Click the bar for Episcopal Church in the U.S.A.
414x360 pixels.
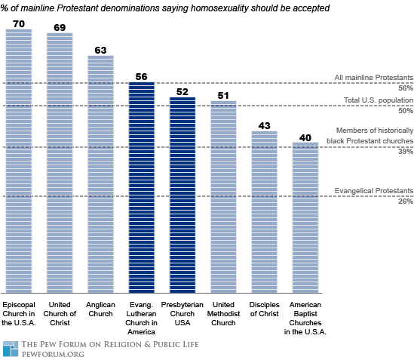[19, 161]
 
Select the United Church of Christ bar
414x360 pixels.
[60, 163]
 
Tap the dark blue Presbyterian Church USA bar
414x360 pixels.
[182, 195]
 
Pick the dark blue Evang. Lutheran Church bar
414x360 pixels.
[142, 187]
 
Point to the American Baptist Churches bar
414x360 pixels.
[305, 217]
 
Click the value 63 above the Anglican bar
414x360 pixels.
[100, 51]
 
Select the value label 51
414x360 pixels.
[223, 95]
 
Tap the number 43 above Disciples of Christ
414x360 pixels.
[264, 125]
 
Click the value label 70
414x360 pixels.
[19, 24]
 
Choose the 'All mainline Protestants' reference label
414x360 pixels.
[373, 78]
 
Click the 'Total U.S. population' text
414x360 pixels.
[379, 100]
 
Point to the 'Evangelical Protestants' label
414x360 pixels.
[373, 191]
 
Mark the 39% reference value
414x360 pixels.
[406, 152]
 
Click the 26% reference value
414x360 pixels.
[406, 202]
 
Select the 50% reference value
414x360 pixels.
[406, 110]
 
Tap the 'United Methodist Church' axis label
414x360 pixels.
[223, 314]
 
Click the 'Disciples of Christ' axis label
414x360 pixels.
[264, 309]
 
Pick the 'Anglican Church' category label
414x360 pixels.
[100, 309]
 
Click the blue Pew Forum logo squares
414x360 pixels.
[11, 349]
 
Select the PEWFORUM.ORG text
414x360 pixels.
[53, 354]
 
